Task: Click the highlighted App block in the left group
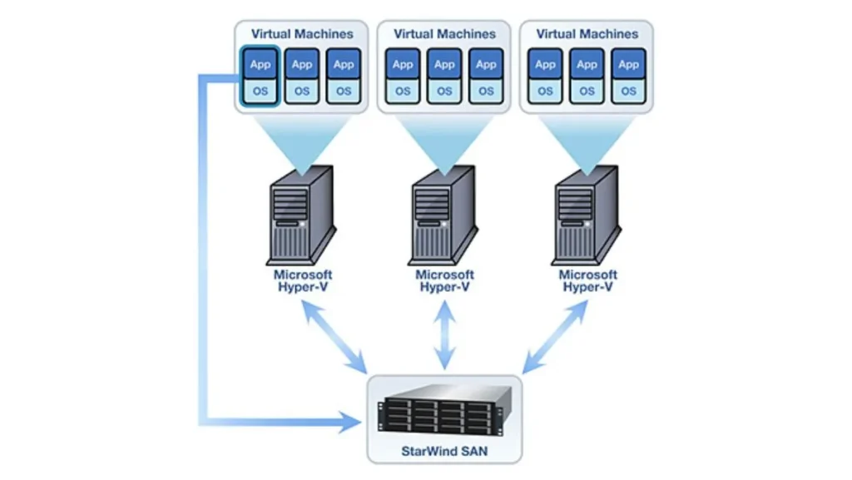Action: (260, 65)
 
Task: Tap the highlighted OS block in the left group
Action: (260, 91)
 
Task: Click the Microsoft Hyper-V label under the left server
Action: (303, 280)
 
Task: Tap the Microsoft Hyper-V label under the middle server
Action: (445, 280)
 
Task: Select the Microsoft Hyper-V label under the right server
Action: (587, 280)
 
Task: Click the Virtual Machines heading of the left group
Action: (302, 34)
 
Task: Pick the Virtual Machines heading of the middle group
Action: (444, 34)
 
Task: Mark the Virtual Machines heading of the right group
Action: (587, 34)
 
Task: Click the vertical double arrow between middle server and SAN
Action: (445, 336)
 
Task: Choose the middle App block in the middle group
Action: (445, 65)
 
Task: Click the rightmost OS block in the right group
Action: (629, 91)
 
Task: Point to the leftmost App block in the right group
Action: (545, 65)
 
